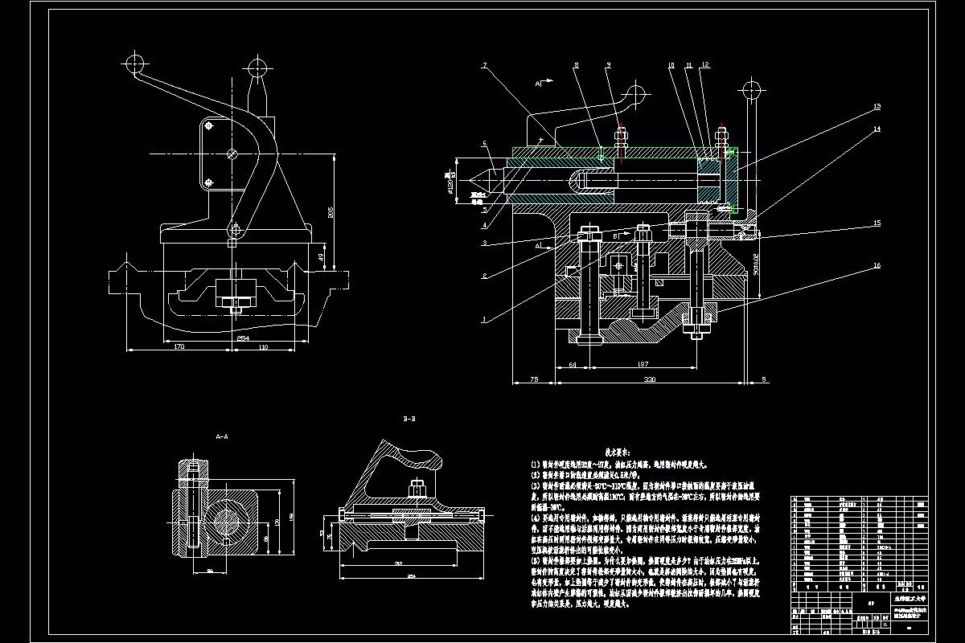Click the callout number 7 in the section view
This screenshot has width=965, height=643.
pyautogui.click(x=485, y=64)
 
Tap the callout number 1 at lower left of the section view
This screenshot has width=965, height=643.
pyautogui.click(x=484, y=319)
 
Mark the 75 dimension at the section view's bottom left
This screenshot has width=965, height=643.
pyautogui.click(x=533, y=379)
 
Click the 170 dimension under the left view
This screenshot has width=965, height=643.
pyautogui.click(x=179, y=346)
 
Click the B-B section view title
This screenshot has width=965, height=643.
pyautogui.click(x=409, y=420)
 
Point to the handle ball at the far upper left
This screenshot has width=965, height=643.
pyautogui.click(x=134, y=62)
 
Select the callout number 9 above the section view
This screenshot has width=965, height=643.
pyautogui.click(x=609, y=64)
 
